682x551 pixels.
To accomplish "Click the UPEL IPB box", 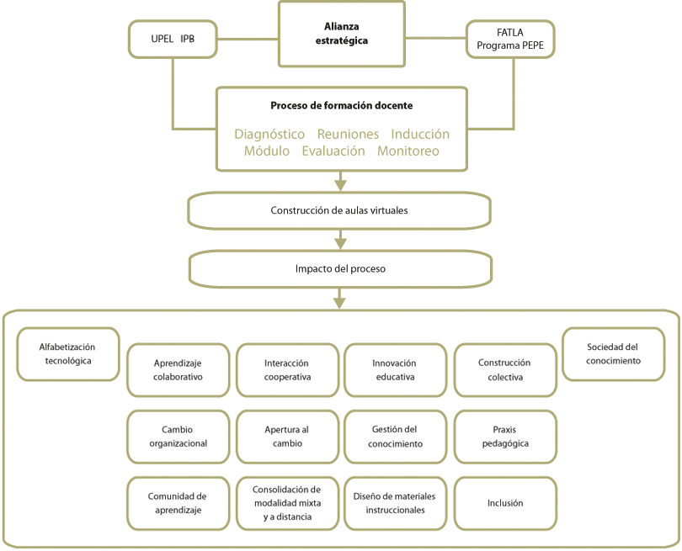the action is [173, 39].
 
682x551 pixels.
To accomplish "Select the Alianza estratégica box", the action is [342, 34].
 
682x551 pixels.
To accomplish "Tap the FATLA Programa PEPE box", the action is [510, 39].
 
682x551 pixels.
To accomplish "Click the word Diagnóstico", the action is [269, 134].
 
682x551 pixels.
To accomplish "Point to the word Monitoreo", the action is [408, 151].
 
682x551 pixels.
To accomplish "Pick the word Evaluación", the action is [333, 151].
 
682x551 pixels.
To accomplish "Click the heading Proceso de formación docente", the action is [342, 106].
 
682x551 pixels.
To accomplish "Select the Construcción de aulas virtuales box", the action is [339, 210].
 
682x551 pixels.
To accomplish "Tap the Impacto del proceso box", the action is [340, 268].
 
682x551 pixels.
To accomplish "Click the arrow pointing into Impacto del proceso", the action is [340, 240].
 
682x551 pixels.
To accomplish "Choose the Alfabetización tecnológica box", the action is [68, 354].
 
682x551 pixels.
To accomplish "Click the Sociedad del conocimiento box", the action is [613, 354].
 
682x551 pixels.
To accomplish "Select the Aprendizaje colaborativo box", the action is [178, 370].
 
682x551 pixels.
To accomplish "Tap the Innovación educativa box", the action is [395, 370].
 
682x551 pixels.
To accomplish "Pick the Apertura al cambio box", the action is [287, 437].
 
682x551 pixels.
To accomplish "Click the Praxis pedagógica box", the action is [505, 437].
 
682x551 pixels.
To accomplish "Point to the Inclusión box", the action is [505, 503].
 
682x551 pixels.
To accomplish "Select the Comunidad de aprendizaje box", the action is [178, 503].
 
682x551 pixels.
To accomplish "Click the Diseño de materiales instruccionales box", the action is [395, 503].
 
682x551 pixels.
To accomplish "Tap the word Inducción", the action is [420, 134].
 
